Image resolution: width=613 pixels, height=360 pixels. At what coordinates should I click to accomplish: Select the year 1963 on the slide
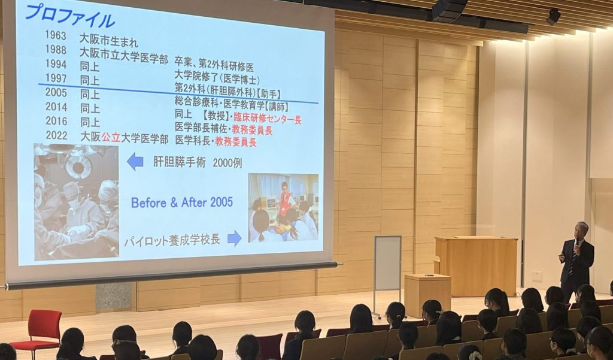click(x=56, y=35)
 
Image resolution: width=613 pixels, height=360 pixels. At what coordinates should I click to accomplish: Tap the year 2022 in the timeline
click(x=57, y=135)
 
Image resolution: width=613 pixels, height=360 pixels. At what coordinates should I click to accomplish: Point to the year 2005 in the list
click(x=56, y=93)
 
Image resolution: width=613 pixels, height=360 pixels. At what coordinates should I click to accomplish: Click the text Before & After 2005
click(x=182, y=202)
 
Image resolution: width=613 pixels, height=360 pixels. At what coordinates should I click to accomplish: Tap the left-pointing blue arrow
click(x=135, y=161)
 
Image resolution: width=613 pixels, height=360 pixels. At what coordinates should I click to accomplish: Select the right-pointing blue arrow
click(x=234, y=238)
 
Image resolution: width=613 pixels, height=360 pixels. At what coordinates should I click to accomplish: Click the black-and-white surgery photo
click(x=76, y=201)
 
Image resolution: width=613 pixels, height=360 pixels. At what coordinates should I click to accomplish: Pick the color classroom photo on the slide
click(x=283, y=207)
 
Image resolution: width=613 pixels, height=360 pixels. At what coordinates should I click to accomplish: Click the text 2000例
click(x=227, y=163)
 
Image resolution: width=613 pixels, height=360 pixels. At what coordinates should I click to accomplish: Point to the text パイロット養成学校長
click(x=172, y=240)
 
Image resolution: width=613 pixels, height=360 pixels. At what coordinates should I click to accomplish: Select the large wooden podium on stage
click(x=476, y=266)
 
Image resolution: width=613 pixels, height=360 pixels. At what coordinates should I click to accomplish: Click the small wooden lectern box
click(x=427, y=295)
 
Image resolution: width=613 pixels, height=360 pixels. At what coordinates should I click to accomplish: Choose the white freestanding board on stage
click(x=387, y=270)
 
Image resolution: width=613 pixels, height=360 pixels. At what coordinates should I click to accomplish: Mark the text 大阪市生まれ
click(x=109, y=40)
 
